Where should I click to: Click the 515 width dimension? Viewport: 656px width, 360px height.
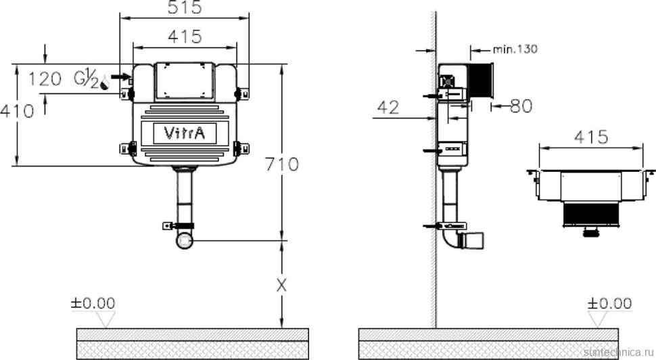point(185,7)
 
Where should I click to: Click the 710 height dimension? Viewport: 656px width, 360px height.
point(282,164)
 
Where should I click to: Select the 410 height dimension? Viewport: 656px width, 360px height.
point(17,112)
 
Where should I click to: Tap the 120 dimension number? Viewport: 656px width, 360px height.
point(45,78)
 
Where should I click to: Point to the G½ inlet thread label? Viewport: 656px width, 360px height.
point(86,80)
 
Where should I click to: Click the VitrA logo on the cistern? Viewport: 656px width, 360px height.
point(185,133)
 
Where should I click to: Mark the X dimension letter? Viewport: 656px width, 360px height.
point(282,286)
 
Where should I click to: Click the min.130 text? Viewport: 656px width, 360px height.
point(515,49)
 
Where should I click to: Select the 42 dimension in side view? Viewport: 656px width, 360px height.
point(388,108)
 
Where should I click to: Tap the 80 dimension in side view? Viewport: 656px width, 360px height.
point(521,106)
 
